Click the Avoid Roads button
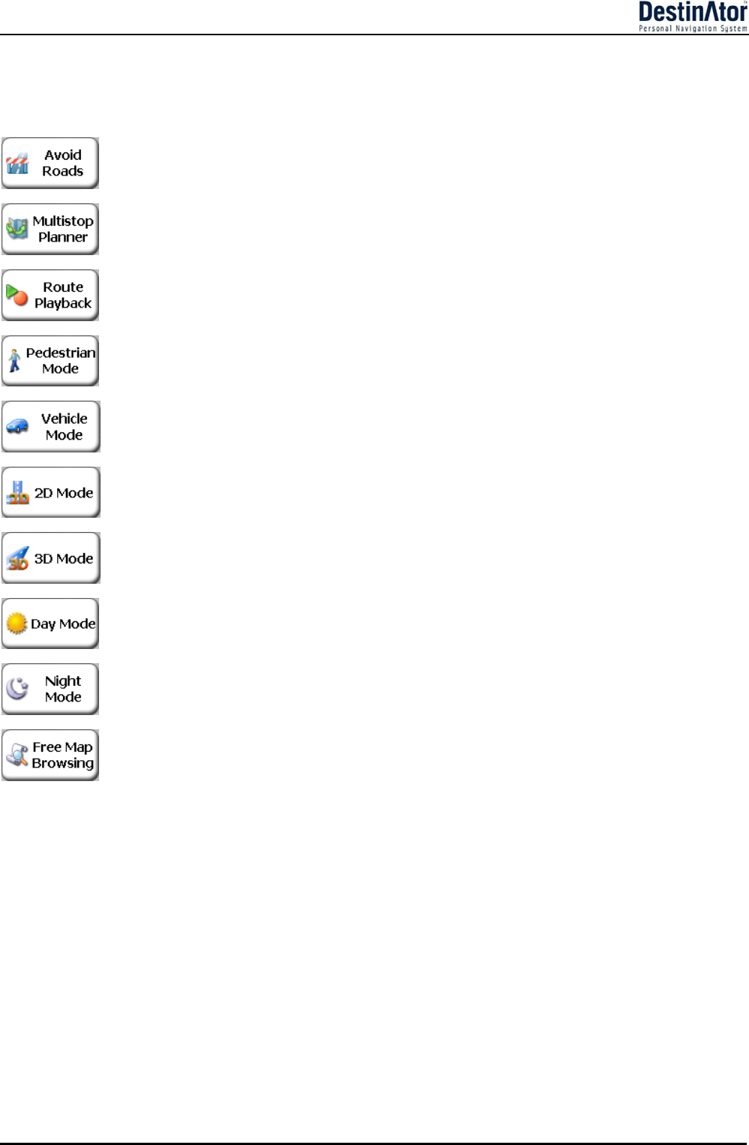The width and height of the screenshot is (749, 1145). point(50,163)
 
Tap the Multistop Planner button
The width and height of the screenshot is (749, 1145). point(50,229)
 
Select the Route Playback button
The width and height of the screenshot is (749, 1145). point(50,295)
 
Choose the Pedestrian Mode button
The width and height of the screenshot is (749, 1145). point(50,361)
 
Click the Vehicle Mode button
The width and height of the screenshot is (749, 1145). point(50,426)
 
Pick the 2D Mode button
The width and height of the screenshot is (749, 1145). point(50,492)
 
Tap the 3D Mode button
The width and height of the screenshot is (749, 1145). point(50,558)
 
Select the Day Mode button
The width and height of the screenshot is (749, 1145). point(50,624)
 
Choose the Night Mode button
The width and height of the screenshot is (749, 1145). point(50,689)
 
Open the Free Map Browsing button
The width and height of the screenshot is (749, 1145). point(50,755)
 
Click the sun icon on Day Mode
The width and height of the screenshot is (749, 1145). point(17,624)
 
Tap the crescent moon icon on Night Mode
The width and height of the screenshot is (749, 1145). point(17,687)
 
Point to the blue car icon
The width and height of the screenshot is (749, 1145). point(17,427)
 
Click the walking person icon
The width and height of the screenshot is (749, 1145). point(14,361)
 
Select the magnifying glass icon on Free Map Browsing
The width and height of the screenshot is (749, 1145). point(17,755)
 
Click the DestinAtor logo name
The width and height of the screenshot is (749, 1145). point(692,13)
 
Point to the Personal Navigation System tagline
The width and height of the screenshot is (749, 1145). point(692,29)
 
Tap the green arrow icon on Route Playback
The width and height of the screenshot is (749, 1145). point(13,291)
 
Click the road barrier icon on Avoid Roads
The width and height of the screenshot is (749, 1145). point(17,164)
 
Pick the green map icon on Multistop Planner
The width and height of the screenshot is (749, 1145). point(17,228)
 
